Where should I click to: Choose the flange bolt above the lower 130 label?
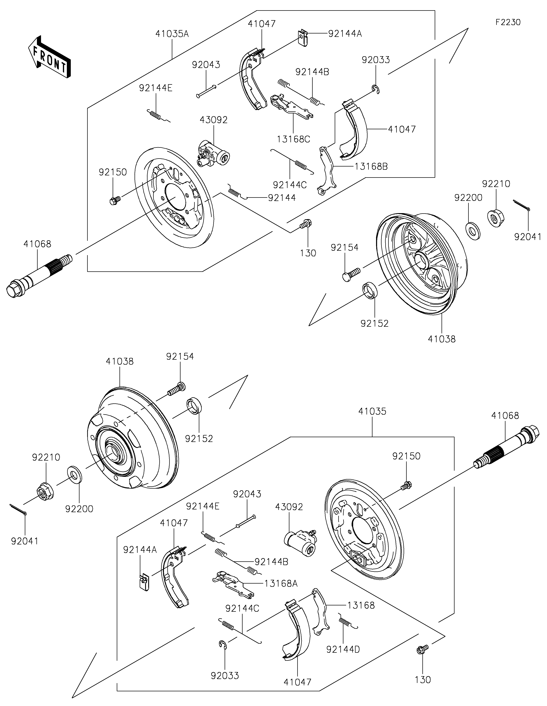[422, 649]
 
